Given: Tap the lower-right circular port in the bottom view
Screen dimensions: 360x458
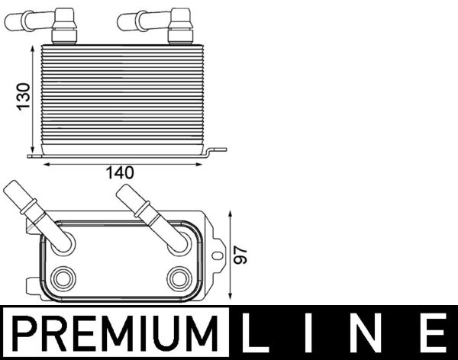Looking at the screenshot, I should point(179,277).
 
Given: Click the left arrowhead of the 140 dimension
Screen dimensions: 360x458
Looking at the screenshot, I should point(45,162).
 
